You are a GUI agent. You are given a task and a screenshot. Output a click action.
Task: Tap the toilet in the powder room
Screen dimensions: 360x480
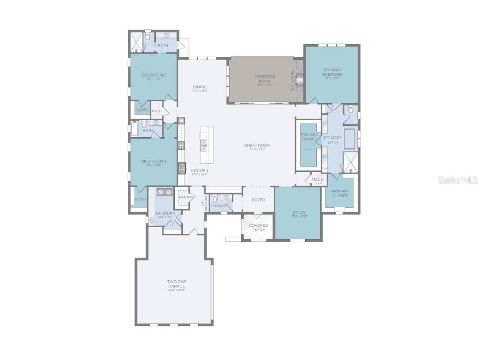215,199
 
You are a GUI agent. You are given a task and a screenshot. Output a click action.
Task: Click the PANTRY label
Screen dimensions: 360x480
184,197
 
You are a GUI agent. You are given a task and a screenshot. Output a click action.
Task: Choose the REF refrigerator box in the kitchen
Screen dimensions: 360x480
181,168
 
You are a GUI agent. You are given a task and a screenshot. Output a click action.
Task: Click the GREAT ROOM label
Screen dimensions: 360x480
257,145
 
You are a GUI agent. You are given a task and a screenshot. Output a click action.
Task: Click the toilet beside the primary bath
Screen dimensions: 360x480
350,109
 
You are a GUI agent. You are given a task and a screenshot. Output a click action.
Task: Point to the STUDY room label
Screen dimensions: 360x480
299,213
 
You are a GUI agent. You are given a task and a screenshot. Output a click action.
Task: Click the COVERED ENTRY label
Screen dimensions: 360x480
258,228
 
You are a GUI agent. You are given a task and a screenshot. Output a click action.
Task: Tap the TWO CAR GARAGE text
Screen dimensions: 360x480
176,284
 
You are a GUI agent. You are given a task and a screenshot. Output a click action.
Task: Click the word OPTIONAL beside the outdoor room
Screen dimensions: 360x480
292,81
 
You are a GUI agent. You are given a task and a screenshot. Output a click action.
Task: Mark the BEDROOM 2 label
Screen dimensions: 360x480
154,75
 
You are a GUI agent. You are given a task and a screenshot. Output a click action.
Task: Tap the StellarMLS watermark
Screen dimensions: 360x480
458,180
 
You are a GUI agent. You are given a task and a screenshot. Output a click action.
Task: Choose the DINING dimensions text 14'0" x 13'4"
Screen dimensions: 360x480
200,91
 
